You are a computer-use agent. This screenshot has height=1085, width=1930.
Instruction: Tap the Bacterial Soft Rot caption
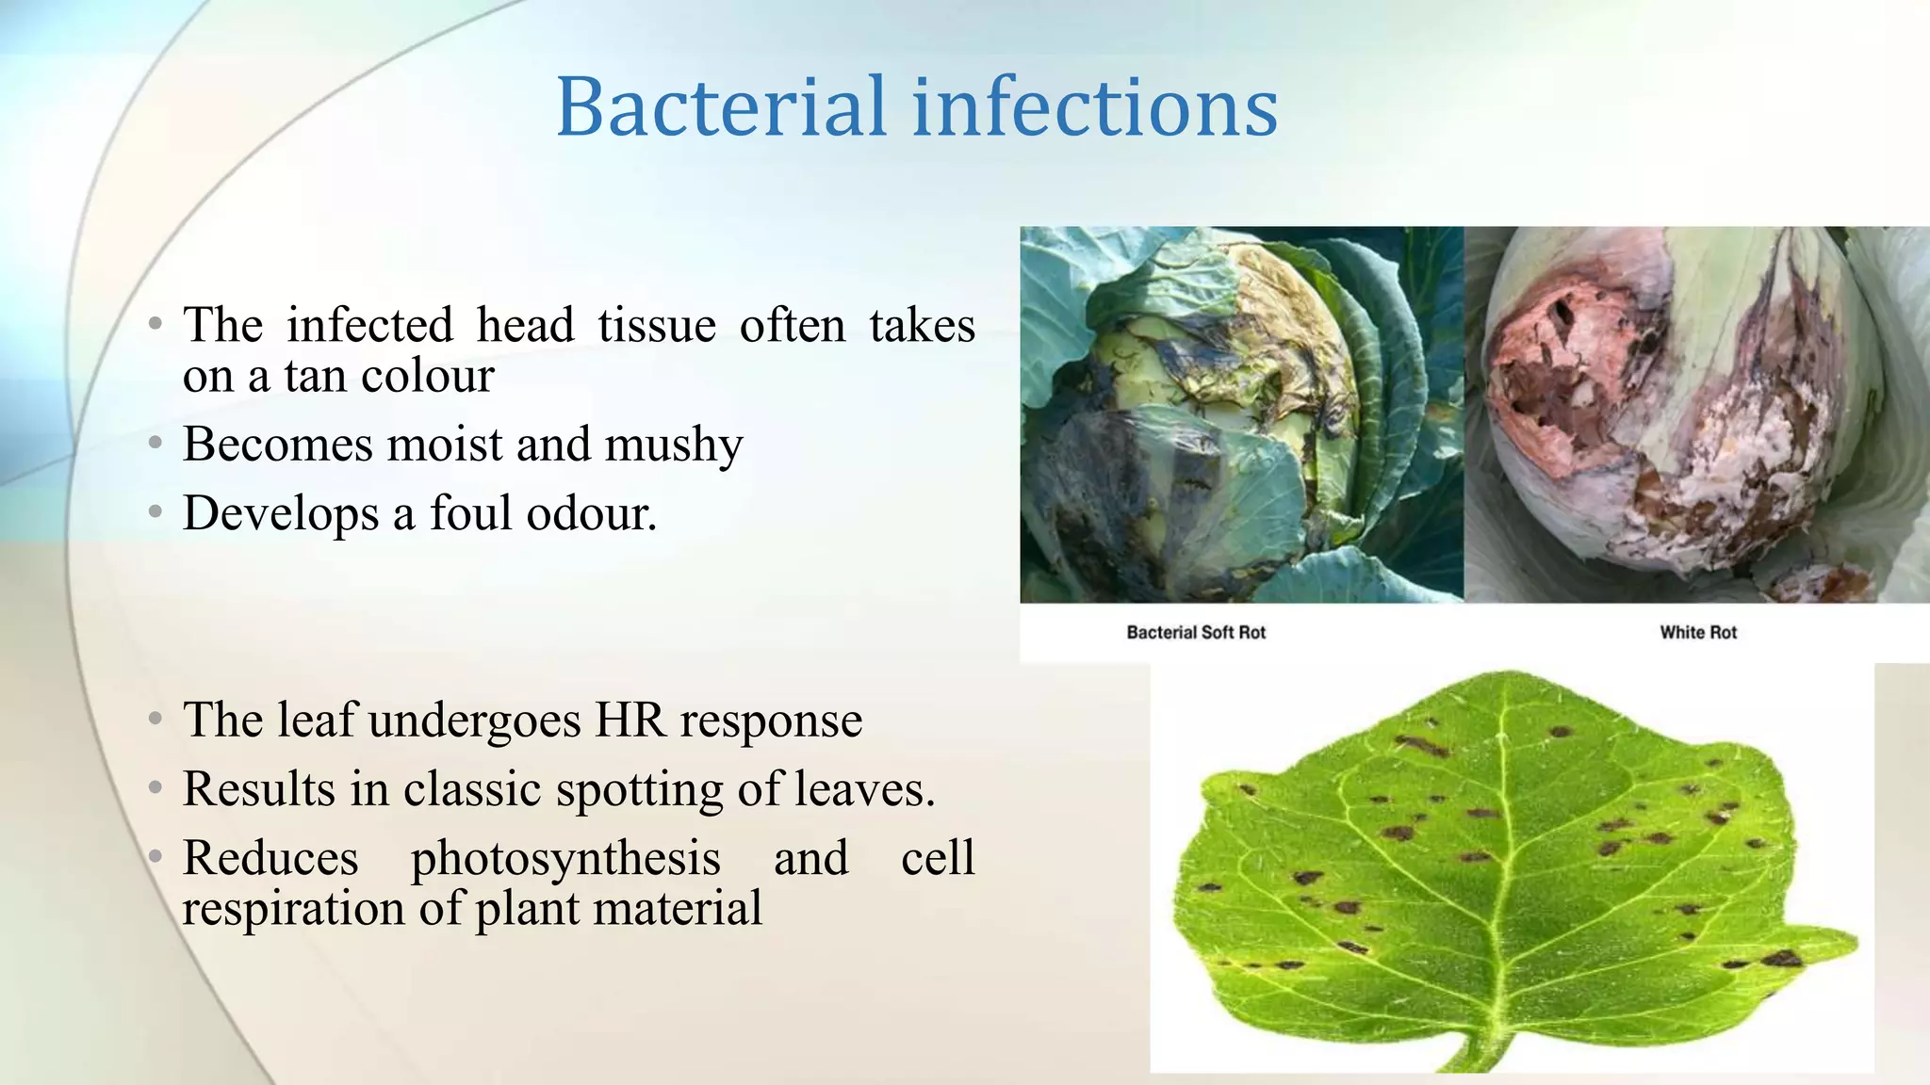pyautogui.click(x=1196, y=633)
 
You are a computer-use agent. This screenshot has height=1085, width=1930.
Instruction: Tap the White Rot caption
pyautogui.click(x=1698, y=633)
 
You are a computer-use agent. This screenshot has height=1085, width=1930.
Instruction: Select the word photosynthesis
pyautogui.click(x=565, y=858)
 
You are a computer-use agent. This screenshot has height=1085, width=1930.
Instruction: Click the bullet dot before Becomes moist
pyautogui.click(x=155, y=443)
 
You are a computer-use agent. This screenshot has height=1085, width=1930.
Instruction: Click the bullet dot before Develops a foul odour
pyautogui.click(x=155, y=512)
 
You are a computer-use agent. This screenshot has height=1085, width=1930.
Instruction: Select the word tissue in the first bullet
pyautogui.click(x=657, y=326)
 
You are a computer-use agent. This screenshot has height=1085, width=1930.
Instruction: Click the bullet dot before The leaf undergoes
pyautogui.click(x=155, y=720)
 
